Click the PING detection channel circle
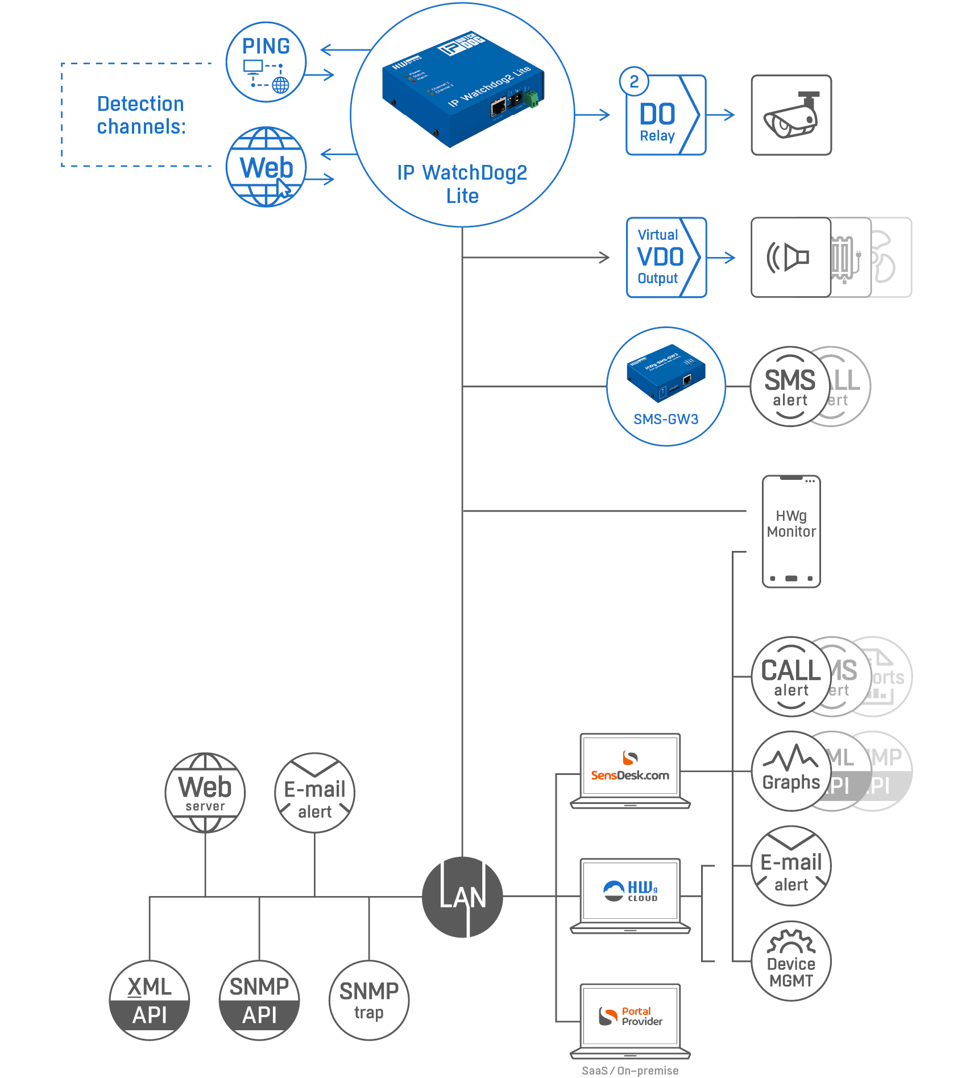[266, 63]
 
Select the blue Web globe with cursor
[266, 167]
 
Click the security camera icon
[791, 115]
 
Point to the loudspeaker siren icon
[790, 257]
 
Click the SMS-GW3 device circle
[666, 387]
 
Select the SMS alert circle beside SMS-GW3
[789, 387]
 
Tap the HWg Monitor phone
[791, 532]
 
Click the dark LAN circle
[462, 897]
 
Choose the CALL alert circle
[790, 677]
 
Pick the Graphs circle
[790, 771]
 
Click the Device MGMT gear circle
[791, 961]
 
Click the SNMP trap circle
[368, 1000]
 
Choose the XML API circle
[150, 1000]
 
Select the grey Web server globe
[205, 793]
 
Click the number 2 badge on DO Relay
[634, 82]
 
